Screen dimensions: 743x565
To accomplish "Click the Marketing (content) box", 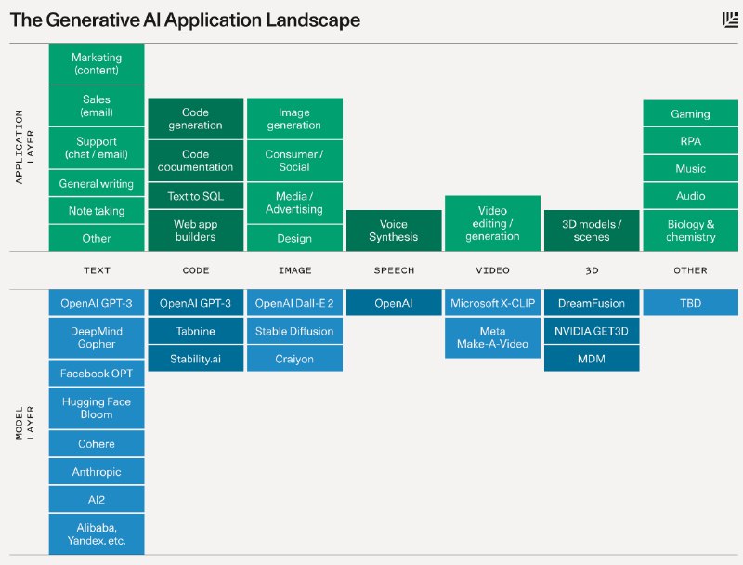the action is (97, 64).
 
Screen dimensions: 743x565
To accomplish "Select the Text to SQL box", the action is (196, 196).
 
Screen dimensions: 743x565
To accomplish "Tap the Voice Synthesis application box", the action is (394, 230).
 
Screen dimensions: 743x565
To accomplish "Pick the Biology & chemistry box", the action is (690, 230).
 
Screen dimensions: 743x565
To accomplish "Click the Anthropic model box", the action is (97, 472).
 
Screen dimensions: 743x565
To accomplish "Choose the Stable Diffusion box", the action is (294, 331).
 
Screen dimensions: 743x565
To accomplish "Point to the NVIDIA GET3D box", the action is (592, 331).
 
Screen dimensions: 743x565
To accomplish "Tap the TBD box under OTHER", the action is (690, 303).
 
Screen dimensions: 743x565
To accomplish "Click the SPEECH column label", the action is (394, 270).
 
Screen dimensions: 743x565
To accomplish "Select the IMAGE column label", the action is (294, 270).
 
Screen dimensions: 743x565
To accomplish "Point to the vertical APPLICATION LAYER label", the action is (24, 147).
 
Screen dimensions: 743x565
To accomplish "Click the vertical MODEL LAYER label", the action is (24, 423).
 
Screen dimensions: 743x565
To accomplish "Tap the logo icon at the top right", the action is (730, 20).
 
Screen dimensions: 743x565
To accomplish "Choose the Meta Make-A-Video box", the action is (492, 337).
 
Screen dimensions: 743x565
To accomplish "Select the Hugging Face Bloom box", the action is (97, 408).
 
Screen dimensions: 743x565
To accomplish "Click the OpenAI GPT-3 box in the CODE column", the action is (196, 303).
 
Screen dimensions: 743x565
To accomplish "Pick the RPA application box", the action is (690, 141).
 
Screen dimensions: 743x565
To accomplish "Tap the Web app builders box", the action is (196, 230).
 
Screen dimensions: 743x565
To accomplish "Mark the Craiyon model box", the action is (294, 359).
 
